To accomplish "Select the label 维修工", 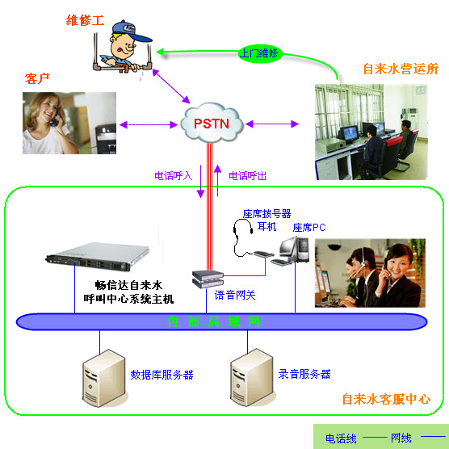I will (x=86, y=19).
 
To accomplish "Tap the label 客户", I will (x=38, y=78).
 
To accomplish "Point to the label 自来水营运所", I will (x=401, y=69).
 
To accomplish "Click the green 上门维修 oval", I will (x=258, y=53).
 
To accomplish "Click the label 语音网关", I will (x=235, y=296).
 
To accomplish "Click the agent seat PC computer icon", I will (x=292, y=250).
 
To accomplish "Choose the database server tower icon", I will (x=103, y=376).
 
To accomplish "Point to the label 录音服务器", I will (x=304, y=375).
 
